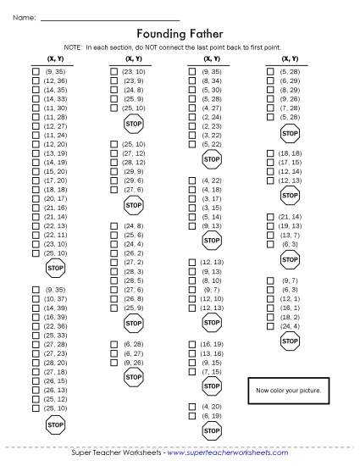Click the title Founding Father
click(180, 34)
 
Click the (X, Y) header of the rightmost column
click(289, 58)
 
